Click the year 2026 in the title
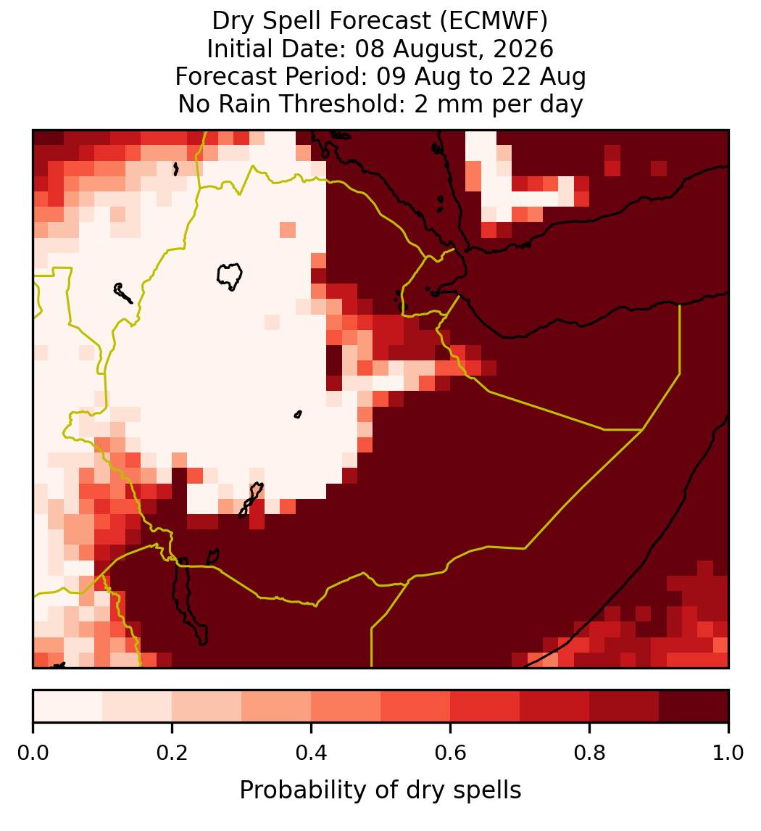(x=523, y=49)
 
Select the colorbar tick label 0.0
(x=33, y=753)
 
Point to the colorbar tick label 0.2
(x=172, y=753)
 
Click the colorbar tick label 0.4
(x=312, y=753)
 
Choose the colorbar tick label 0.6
(x=450, y=753)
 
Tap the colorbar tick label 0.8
(x=589, y=753)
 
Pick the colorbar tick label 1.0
(x=728, y=753)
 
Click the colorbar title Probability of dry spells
(x=380, y=790)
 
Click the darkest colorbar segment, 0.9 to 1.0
(x=694, y=706)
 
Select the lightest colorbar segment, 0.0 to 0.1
(x=68, y=706)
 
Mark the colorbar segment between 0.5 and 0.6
(x=416, y=706)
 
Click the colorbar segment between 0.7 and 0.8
(x=554, y=706)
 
